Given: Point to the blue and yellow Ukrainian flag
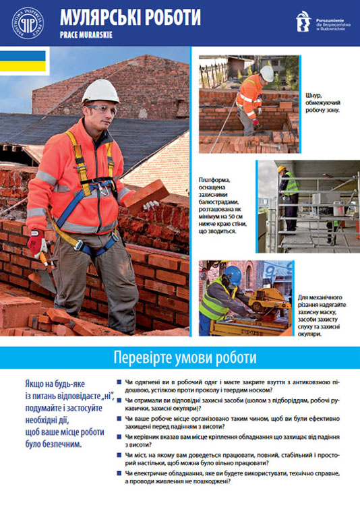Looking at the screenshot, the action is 23,61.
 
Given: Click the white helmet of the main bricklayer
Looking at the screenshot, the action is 100,91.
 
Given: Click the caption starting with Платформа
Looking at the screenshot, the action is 226,205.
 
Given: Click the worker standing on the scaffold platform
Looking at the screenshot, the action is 289,192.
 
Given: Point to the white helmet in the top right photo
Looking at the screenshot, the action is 267,73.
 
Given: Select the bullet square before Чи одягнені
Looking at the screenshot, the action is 119,382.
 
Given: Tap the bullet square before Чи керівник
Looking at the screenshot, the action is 119,438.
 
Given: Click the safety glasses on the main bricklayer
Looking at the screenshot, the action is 99,108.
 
